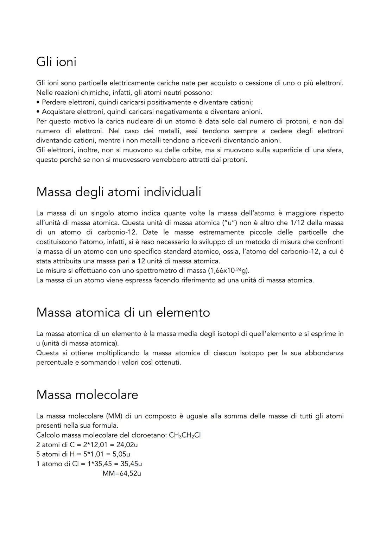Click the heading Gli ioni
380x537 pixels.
pyautogui.click(x=56, y=62)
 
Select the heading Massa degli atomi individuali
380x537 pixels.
pyautogui.click(x=119, y=192)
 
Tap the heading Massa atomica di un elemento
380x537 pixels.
pyautogui.click(x=123, y=313)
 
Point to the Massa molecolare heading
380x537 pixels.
pyautogui.click(x=87, y=395)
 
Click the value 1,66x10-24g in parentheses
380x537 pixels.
pyautogui.click(x=229, y=271)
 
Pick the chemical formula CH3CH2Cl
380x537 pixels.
pyautogui.click(x=185, y=435)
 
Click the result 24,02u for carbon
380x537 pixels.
pyautogui.click(x=124, y=445)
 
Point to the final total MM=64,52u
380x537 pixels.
pyautogui.click(x=122, y=474)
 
